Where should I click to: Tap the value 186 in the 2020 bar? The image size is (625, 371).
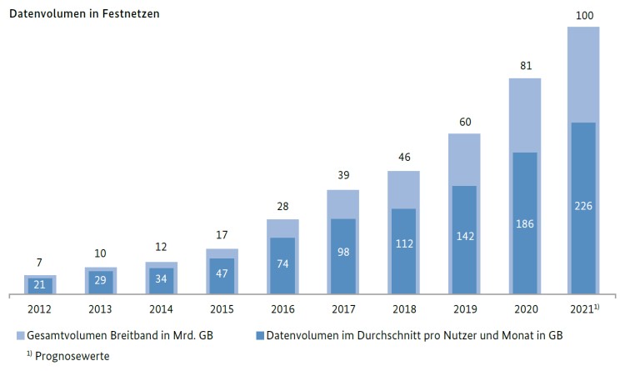525,223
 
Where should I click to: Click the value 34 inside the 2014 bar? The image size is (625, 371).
161,279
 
